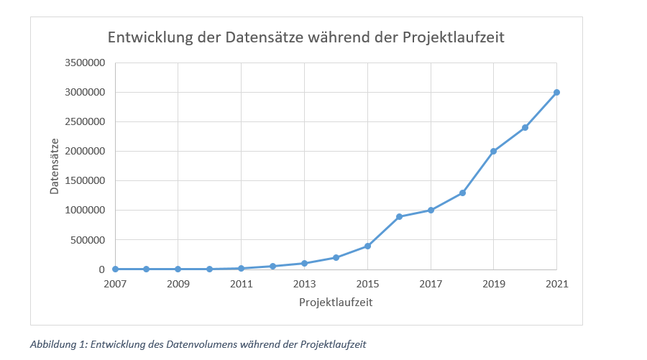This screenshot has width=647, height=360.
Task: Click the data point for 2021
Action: pyautogui.click(x=556, y=92)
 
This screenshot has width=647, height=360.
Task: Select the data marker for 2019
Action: pyautogui.click(x=493, y=151)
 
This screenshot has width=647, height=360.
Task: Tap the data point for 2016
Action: pyautogui.click(x=399, y=216)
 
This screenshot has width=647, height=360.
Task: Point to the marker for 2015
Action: pyautogui.click(x=367, y=246)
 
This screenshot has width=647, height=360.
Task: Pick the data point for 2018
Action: pyautogui.click(x=462, y=193)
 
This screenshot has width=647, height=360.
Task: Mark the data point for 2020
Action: pyautogui.click(x=525, y=127)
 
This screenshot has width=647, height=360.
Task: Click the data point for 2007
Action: pyautogui.click(x=115, y=269)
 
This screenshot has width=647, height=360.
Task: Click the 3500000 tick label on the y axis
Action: pyautogui.click(x=85, y=63)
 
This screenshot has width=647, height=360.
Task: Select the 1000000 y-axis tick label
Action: pyautogui.click(x=85, y=210)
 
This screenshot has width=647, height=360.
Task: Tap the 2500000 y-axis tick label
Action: pyautogui.click(x=85, y=121)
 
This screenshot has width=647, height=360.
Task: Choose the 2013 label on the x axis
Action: pyautogui.click(x=304, y=283)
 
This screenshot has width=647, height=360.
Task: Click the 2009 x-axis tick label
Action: pyautogui.click(x=178, y=283)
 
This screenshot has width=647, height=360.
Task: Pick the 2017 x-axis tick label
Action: pyautogui.click(x=431, y=283)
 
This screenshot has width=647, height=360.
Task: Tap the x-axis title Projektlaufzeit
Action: pyautogui.click(x=336, y=303)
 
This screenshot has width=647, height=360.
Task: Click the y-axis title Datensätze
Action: pyautogui.click(x=55, y=166)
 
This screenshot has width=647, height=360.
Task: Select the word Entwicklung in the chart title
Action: pyautogui.click(x=148, y=37)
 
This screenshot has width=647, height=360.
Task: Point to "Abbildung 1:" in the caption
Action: pyautogui.click(x=57, y=344)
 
